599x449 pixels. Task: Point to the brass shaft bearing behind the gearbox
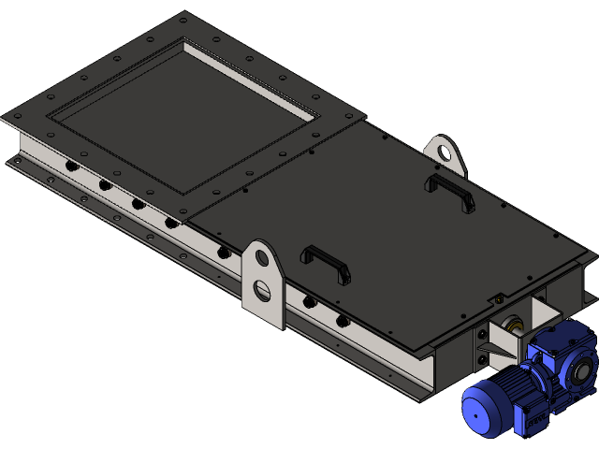coord(513,326)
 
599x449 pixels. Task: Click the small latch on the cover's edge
coord(490,300)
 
